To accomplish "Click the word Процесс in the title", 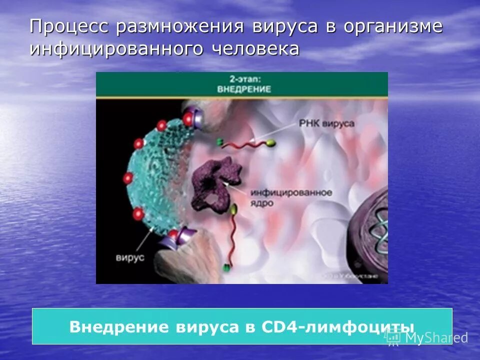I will (69, 26).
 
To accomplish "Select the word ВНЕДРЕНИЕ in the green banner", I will (244, 89).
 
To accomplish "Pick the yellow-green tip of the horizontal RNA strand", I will (269, 144).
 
